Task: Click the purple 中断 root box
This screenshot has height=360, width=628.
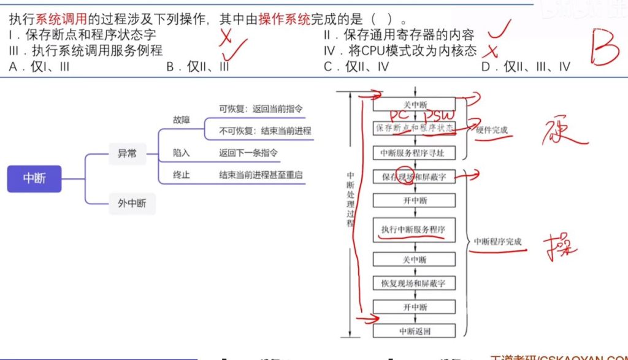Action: (34, 179)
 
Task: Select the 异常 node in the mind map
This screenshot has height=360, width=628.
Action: (127, 154)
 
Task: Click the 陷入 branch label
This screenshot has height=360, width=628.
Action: (182, 153)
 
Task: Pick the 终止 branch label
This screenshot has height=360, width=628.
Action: (182, 175)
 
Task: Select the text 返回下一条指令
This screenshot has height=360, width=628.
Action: (248, 153)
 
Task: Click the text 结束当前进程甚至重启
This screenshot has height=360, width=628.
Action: (261, 175)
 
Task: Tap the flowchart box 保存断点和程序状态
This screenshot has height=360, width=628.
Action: (414, 128)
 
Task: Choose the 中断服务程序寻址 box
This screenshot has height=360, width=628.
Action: (414, 153)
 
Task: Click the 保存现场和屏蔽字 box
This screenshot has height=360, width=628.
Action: (414, 177)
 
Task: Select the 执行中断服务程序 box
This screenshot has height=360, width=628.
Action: (414, 229)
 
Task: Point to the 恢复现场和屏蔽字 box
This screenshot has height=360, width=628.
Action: (414, 283)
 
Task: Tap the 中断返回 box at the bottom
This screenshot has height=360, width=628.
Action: (414, 331)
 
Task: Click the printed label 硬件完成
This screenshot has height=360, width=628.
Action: (492, 130)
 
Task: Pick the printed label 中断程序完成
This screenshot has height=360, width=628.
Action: (498, 242)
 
